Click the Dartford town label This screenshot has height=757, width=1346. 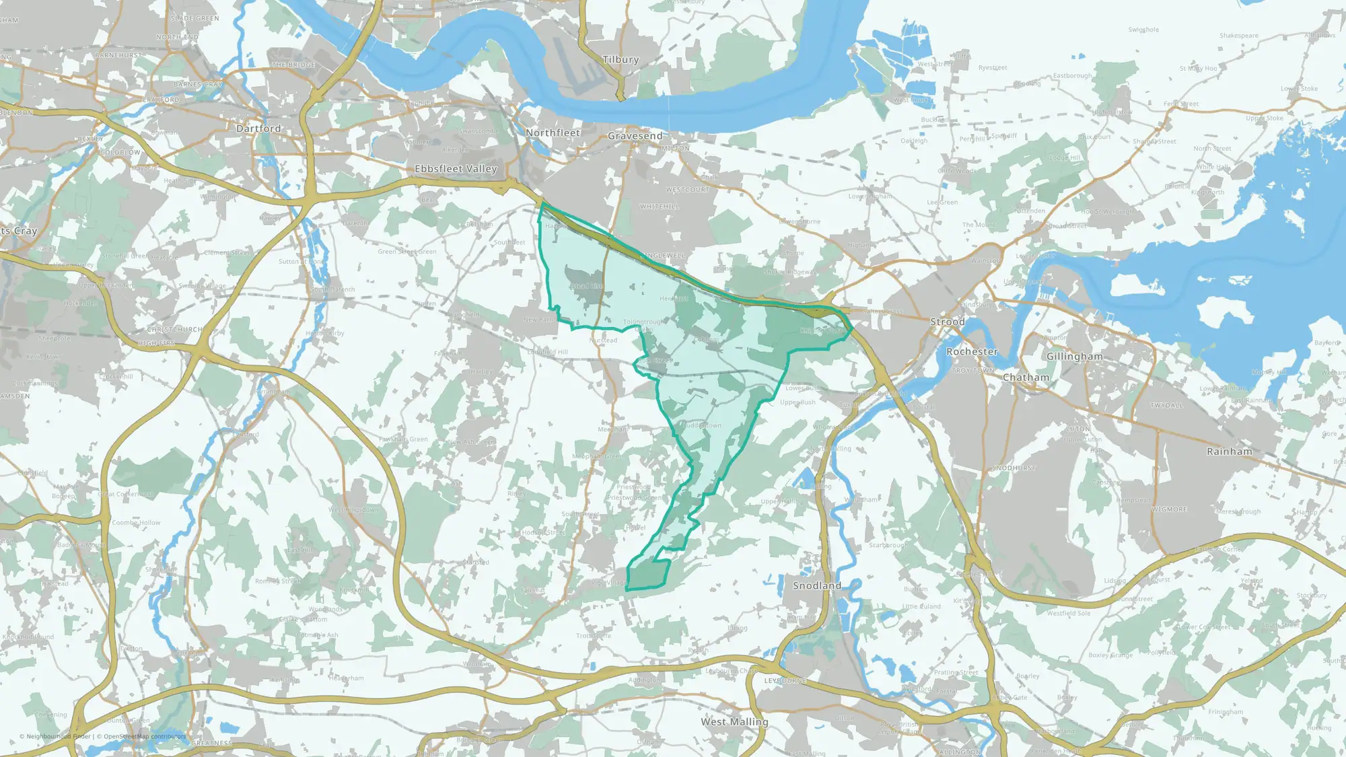[258, 129]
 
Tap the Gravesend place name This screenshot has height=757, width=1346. [635, 136]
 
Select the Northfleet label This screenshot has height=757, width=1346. [553, 133]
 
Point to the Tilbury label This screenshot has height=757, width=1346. [621, 60]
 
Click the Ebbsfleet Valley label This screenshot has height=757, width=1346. [456, 169]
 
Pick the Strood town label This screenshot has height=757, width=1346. [948, 322]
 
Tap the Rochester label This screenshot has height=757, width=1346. [972, 352]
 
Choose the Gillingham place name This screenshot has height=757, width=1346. [1074, 357]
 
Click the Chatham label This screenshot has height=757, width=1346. [1026, 377]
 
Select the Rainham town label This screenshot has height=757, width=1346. [1229, 452]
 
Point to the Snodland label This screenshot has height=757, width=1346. [816, 586]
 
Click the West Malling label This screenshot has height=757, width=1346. [734, 722]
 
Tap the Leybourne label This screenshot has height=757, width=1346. [785, 681]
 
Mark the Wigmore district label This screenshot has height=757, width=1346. [1169, 509]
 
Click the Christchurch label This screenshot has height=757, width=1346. [174, 330]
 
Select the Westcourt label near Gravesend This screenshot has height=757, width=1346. [688, 190]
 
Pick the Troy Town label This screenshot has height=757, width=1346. [973, 371]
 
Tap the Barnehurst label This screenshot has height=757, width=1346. [118, 55]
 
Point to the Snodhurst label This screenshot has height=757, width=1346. [1014, 468]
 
